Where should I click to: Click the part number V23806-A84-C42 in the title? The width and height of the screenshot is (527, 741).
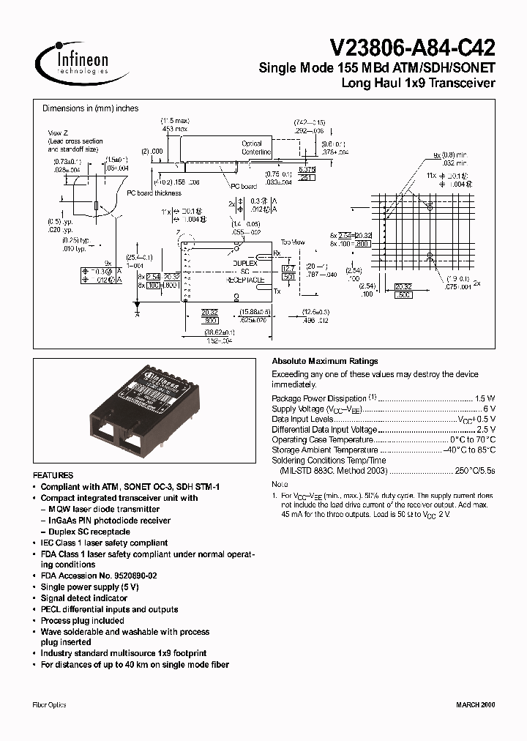click(413, 48)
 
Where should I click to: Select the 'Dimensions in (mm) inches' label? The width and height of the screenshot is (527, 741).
click(90, 108)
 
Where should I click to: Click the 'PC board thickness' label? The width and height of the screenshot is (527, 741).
click(153, 193)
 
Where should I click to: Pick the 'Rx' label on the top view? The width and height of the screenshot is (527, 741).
click(277, 253)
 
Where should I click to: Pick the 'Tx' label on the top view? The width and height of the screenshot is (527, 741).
click(277, 291)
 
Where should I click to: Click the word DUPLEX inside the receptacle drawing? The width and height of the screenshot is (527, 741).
click(244, 261)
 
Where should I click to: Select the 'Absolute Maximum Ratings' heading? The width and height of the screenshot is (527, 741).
click(324, 361)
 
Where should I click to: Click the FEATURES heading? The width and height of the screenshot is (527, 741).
click(53, 475)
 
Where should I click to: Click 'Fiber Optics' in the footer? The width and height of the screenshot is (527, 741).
click(50, 704)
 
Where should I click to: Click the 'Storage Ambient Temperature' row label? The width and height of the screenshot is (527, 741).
click(325, 450)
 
